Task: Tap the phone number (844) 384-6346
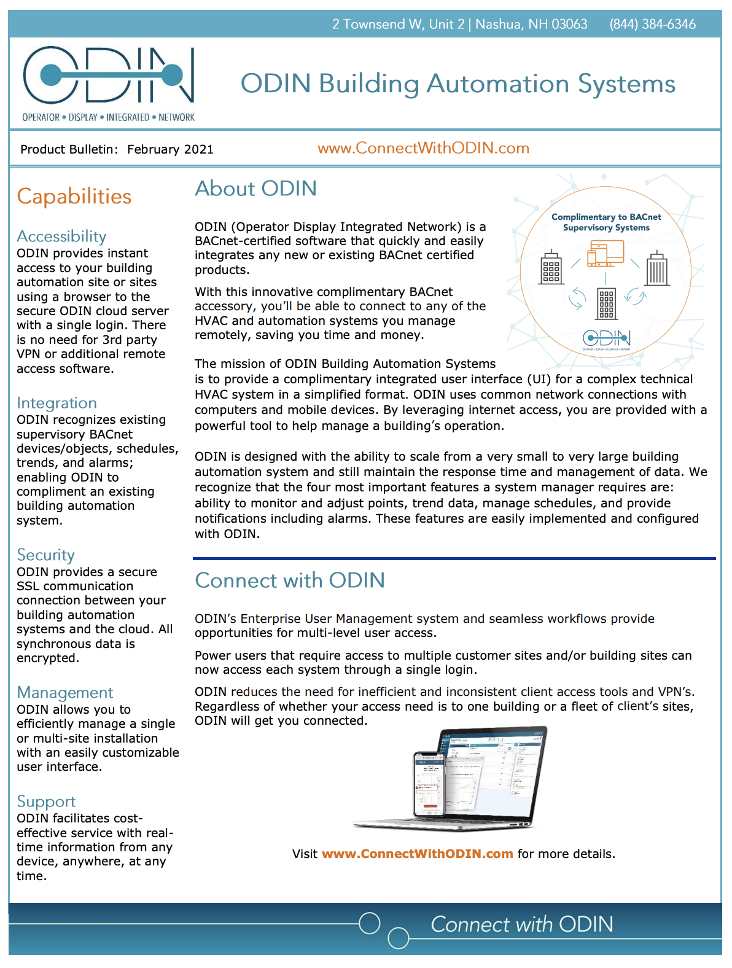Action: (652, 25)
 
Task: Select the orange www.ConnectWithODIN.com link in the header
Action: (423, 149)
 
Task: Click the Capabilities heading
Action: (74, 197)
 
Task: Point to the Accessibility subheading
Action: (61, 236)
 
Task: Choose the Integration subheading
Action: (56, 403)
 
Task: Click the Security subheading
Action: (45, 555)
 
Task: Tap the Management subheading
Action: (64, 693)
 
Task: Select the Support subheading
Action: (46, 802)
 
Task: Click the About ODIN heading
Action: (255, 189)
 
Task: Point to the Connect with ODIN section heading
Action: (290, 580)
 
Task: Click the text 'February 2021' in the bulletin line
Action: (170, 149)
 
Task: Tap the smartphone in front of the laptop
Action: (429, 783)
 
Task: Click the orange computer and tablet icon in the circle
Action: (605, 254)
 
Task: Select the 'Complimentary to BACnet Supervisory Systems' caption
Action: (606, 222)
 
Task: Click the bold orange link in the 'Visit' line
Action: (417, 854)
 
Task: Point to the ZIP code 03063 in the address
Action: (569, 25)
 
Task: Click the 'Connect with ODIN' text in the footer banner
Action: (521, 924)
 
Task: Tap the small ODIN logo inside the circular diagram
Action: (606, 338)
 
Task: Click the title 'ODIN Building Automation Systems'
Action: (457, 84)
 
